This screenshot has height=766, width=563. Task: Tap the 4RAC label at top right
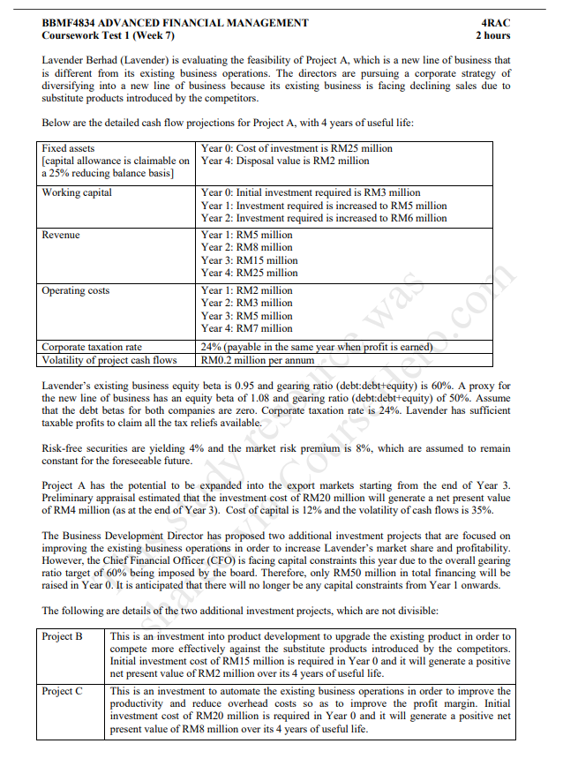click(496, 23)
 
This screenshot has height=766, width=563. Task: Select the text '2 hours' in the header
click(492, 36)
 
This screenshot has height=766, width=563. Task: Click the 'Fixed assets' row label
click(68, 148)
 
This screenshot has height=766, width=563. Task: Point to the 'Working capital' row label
click(77, 192)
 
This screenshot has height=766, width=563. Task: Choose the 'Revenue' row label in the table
click(61, 235)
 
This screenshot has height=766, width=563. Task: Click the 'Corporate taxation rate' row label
click(92, 347)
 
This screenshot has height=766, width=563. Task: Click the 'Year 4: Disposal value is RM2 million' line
click(285, 161)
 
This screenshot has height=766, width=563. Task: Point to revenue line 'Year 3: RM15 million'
click(250, 260)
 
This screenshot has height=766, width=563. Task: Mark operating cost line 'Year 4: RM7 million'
click(247, 328)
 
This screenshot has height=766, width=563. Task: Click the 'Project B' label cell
click(62, 636)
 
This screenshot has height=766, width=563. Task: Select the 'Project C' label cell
click(62, 691)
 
